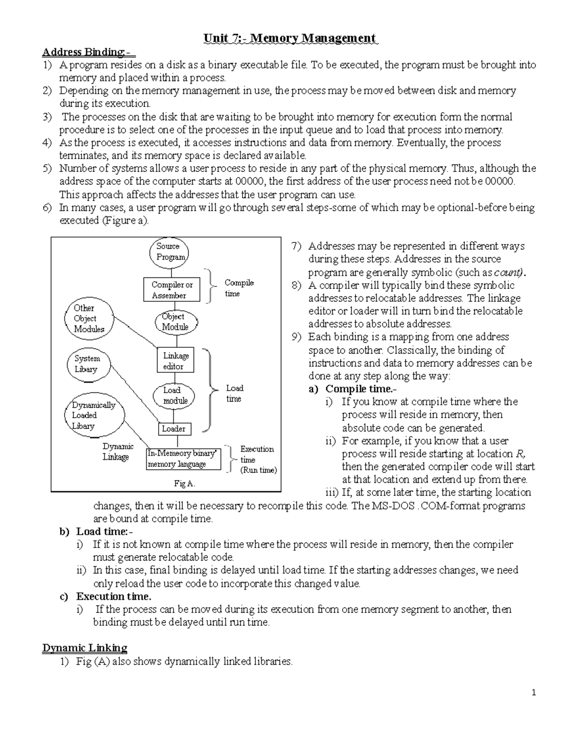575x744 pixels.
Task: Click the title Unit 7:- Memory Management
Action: click(x=290, y=38)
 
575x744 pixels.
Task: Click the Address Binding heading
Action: click(x=89, y=52)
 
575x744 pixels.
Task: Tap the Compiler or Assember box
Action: click(x=172, y=290)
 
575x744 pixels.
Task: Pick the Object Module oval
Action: click(x=174, y=322)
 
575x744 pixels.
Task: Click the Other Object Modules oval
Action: click(x=89, y=319)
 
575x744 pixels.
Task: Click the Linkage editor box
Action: click(x=176, y=361)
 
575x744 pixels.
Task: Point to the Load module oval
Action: click(x=174, y=396)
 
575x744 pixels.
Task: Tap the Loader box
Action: click(x=173, y=429)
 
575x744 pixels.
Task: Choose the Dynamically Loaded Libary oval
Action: click(x=94, y=415)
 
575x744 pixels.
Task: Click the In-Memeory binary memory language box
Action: click(x=184, y=458)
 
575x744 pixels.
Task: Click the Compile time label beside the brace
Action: click(x=239, y=288)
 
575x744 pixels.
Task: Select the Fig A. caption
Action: click(x=184, y=483)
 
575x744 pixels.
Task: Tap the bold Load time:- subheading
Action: click(x=105, y=531)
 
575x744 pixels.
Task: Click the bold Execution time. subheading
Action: click(x=114, y=596)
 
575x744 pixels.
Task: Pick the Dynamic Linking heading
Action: click(x=85, y=648)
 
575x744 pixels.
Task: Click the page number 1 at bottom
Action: click(x=533, y=693)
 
